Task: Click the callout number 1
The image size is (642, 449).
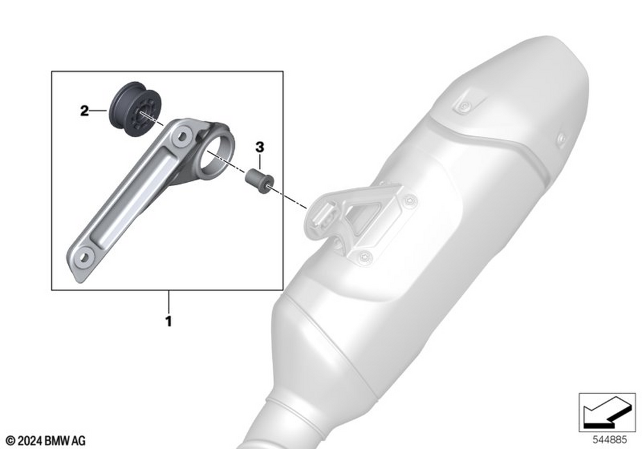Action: click(x=168, y=321)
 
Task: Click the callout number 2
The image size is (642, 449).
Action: click(x=84, y=111)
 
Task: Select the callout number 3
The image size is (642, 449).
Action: click(x=260, y=148)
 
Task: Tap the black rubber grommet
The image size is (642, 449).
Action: click(x=135, y=109)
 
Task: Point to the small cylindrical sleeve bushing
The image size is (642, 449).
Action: click(x=259, y=180)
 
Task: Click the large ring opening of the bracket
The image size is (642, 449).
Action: click(x=216, y=150)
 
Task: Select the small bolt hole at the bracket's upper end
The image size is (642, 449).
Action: click(x=182, y=135)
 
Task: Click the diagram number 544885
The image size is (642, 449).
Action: click(x=610, y=440)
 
